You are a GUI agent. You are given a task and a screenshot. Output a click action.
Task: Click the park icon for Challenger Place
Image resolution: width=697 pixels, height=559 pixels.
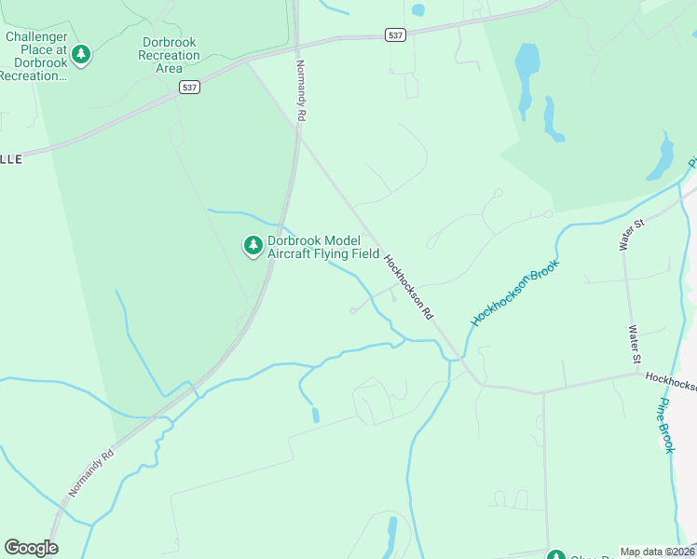point(82,54)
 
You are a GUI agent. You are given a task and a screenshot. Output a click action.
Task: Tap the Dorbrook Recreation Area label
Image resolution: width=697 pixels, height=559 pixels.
point(169,55)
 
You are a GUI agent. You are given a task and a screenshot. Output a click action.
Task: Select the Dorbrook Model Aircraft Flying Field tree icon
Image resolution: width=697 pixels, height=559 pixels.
point(253,246)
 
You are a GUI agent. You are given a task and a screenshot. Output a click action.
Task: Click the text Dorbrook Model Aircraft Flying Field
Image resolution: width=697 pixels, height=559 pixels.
point(323,246)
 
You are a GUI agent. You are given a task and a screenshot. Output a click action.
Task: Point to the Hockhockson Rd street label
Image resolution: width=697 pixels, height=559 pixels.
point(408,288)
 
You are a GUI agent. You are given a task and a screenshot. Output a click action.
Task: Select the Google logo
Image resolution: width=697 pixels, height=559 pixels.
point(31,548)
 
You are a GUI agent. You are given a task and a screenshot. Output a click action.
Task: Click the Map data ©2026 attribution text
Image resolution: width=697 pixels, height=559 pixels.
point(656,552)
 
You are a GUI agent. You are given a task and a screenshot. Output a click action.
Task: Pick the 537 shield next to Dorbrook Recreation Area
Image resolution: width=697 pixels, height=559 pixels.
point(189,87)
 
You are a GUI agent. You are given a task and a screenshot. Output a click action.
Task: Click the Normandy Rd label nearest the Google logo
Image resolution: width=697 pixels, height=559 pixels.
point(91,474)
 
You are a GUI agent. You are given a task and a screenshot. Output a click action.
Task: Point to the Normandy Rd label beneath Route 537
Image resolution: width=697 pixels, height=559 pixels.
point(301,92)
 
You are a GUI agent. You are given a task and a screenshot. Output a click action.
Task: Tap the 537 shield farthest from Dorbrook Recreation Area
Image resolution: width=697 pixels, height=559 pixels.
point(395,34)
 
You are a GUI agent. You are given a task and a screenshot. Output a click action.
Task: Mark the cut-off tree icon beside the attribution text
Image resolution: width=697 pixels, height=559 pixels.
point(556,555)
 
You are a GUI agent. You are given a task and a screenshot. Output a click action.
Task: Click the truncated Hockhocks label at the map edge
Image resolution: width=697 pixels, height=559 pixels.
point(670,380)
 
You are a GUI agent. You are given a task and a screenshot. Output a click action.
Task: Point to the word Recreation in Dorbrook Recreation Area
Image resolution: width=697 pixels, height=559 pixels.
point(169,55)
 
